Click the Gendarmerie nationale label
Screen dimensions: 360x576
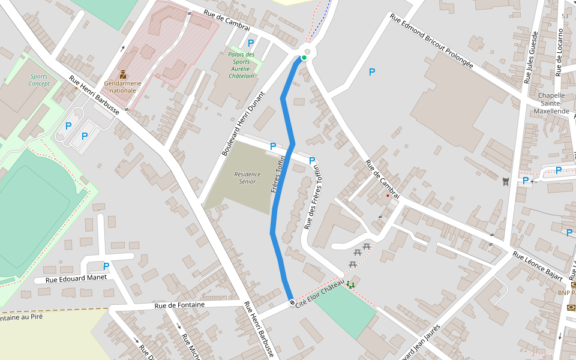(120, 86)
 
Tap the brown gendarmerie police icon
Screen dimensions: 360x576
(122, 74)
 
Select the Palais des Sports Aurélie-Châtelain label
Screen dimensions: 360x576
(241, 65)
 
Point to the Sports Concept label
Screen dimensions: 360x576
(39, 80)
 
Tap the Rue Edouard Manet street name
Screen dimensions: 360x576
(70, 278)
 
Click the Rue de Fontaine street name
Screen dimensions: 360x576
(179, 305)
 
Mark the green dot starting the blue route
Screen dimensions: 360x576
(304, 58)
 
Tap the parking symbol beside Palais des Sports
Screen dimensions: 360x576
(251, 43)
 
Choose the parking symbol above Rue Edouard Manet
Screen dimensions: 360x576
(106, 266)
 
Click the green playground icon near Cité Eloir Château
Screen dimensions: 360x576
(350, 284)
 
